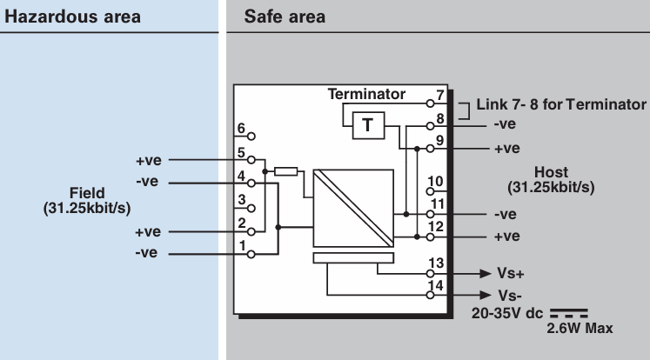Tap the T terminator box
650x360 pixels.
(367, 125)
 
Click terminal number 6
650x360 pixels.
(241, 130)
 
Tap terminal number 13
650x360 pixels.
(436, 263)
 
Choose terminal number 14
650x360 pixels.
(436, 286)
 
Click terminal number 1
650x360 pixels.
(241, 246)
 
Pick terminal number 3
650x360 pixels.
(241, 201)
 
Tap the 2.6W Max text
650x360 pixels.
(580, 329)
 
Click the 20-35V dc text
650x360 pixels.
(505, 311)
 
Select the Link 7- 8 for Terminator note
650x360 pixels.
(561, 105)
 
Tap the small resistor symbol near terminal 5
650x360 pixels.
(285, 172)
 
